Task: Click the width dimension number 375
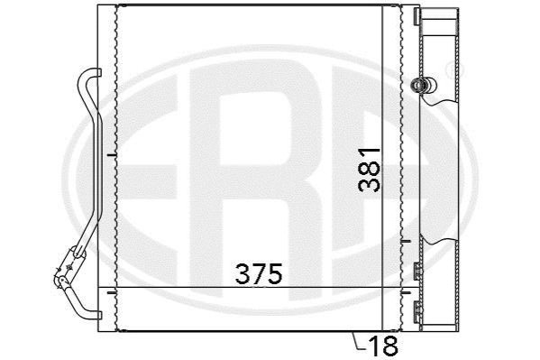259,273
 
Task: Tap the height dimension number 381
370,170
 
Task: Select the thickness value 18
383,346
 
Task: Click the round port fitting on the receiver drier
423,85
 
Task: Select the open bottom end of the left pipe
98,315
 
